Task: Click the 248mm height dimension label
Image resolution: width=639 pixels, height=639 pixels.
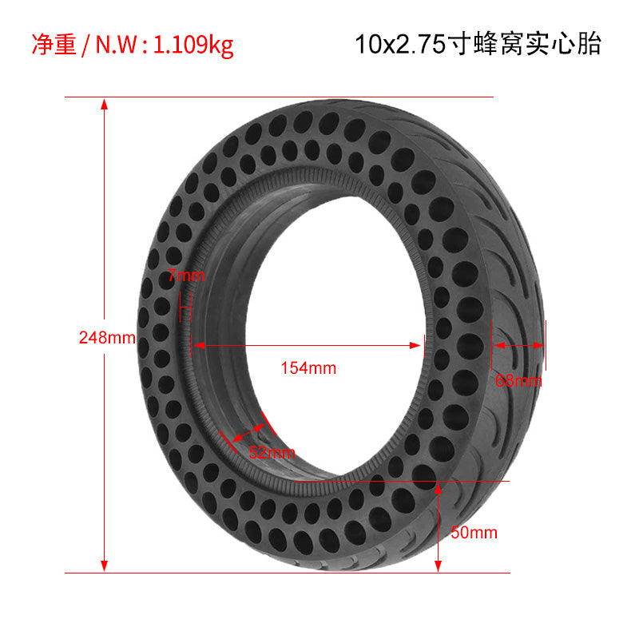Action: (x=107, y=337)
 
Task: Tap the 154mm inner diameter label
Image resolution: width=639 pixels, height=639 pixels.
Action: (x=308, y=368)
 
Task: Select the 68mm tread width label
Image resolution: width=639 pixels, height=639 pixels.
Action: (x=518, y=381)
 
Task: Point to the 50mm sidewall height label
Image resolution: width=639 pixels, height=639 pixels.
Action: (x=474, y=533)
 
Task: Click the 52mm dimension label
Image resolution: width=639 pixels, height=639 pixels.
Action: (x=272, y=452)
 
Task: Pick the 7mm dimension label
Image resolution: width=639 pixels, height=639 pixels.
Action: (x=186, y=276)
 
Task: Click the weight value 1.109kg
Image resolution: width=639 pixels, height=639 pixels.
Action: (x=193, y=45)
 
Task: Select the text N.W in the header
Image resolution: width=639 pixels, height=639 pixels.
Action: (x=116, y=45)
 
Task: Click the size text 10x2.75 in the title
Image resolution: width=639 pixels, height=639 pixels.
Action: (x=401, y=44)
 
